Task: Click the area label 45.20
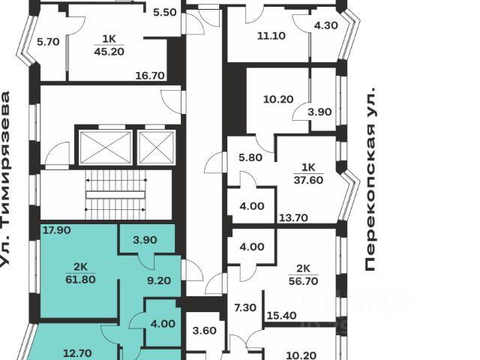click(x=109, y=52)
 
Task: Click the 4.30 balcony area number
click(x=326, y=25)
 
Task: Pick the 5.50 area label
click(x=164, y=13)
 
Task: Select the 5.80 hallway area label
click(x=250, y=158)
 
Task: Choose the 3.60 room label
click(x=205, y=331)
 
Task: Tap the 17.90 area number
click(x=56, y=230)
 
